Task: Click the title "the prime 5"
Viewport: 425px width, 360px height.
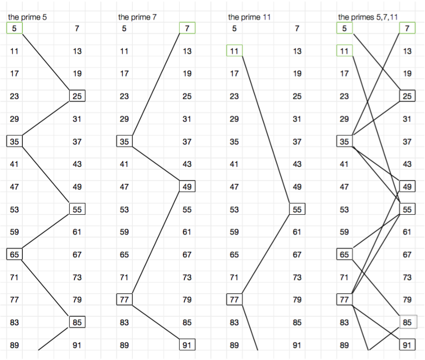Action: [27, 17]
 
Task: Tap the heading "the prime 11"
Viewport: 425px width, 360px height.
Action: [249, 17]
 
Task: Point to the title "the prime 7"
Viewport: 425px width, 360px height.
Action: [137, 17]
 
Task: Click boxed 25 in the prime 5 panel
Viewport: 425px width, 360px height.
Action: [77, 96]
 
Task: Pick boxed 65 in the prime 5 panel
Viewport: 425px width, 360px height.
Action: [14, 254]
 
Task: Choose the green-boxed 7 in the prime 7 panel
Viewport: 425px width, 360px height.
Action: [187, 28]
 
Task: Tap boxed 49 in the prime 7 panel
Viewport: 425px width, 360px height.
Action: [187, 187]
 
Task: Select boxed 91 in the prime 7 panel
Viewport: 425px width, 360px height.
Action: [187, 345]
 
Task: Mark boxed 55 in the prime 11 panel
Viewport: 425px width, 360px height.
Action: [297, 209]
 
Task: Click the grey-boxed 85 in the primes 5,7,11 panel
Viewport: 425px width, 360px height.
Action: [407, 322]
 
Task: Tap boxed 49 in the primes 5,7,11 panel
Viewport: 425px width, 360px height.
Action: [407, 187]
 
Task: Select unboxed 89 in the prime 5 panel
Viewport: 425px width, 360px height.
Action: [14, 345]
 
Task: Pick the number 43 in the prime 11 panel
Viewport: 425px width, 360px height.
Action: [297, 164]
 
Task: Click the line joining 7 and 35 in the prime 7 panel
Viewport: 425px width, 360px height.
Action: [159, 85]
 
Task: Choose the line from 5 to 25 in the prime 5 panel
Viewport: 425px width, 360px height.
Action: [46, 62]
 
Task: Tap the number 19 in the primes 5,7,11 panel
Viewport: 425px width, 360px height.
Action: [407, 74]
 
